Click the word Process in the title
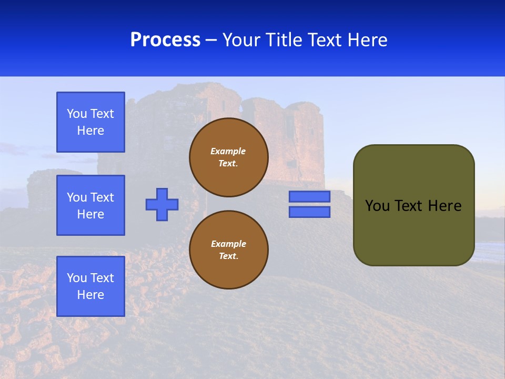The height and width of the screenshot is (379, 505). point(165,40)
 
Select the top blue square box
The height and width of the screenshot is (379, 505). point(90,122)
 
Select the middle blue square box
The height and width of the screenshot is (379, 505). point(90,205)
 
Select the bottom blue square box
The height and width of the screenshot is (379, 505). point(90,286)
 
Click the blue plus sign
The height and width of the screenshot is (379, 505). point(162,204)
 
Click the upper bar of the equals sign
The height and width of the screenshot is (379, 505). point(309,196)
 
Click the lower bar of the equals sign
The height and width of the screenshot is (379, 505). point(309,212)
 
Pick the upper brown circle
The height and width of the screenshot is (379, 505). point(229,157)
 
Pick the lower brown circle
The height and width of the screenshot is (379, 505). point(229,250)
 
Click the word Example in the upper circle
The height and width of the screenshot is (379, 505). point(228,151)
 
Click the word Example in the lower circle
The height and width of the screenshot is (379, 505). point(228,244)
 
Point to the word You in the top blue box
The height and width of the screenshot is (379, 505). point(76,114)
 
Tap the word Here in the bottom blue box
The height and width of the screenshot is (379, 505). point(90,295)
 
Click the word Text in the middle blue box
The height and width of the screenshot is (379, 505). point(102,197)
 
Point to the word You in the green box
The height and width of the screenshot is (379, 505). point(377,206)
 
